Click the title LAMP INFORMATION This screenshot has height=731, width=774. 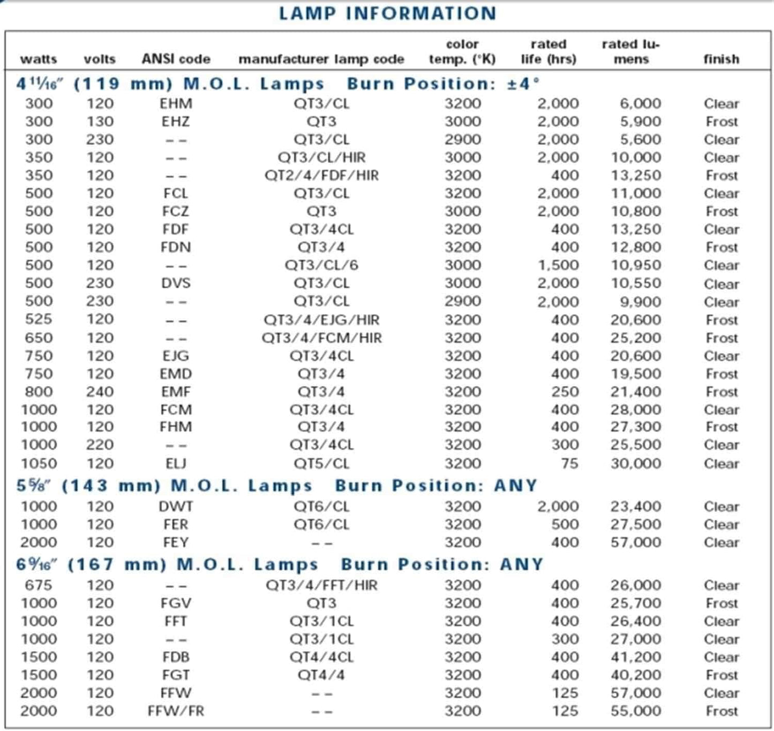pos(387,13)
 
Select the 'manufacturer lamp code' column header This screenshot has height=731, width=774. pos(321,59)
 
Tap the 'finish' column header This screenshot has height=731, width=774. pos(721,59)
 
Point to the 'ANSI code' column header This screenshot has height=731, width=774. pos(176,59)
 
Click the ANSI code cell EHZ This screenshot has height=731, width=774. pos(176,122)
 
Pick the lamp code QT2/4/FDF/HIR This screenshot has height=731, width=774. pos(321,176)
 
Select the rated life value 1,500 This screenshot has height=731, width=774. pos(558,265)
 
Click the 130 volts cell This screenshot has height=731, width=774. pos(100,122)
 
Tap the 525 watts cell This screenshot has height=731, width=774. pos(39,319)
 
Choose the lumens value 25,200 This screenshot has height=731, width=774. pos(636,338)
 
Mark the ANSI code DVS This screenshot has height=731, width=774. pos(176,283)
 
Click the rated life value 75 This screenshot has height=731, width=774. pos(569,463)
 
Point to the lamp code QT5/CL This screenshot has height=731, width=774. pos(321,463)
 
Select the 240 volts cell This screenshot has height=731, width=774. pos(100,391)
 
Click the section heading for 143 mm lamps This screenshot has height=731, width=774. pos(276,486)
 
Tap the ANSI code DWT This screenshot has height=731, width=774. pos(176,506)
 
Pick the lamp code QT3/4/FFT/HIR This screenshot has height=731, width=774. pos(321,585)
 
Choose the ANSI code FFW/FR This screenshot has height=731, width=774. pos(176,711)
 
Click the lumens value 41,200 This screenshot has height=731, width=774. pos(636,657)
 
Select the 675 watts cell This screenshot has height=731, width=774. pos(39,585)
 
